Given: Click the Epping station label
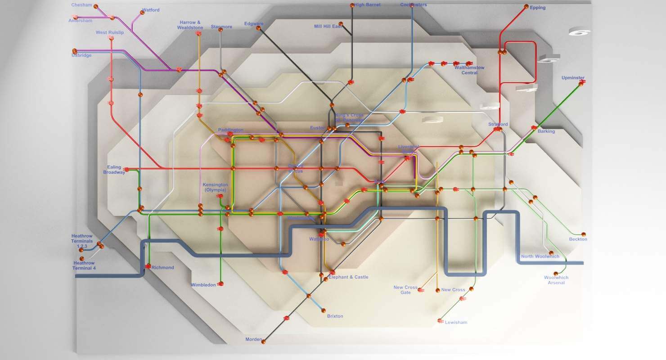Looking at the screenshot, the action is pyautogui.click(x=538, y=8).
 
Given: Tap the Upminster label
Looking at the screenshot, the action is pyautogui.click(x=573, y=78).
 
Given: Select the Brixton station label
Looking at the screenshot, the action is pyautogui.click(x=335, y=316).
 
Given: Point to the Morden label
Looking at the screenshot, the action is pyautogui.click(x=253, y=340).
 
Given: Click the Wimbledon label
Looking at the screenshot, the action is pyautogui.click(x=203, y=285).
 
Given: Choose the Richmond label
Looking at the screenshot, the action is pyautogui.click(x=162, y=268).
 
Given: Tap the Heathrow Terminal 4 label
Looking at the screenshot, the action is pyautogui.click(x=84, y=265).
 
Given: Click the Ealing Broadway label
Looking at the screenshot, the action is pyautogui.click(x=114, y=170).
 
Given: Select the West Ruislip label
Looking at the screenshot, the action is pyautogui.click(x=109, y=32).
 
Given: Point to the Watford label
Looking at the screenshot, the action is pyautogui.click(x=150, y=10).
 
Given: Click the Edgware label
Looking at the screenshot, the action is pyautogui.click(x=253, y=23).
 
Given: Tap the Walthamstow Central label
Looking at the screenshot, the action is pyautogui.click(x=469, y=70).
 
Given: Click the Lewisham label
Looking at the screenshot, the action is pyautogui.click(x=456, y=322).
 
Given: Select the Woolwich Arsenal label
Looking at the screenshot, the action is pyautogui.click(x=556, y=280).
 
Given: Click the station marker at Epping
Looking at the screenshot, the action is pyautogui.click(x=526, y=7).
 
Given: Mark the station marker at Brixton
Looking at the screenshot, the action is pyautogui.click(x=323, y=310).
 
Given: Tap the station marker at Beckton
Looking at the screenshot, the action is pyautogui.click(x=584, y=234).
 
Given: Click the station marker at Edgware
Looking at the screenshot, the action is pyautogui.click(x=258, y=28).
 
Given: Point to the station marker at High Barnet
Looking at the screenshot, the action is pyautogui.click(x=352, y=5).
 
